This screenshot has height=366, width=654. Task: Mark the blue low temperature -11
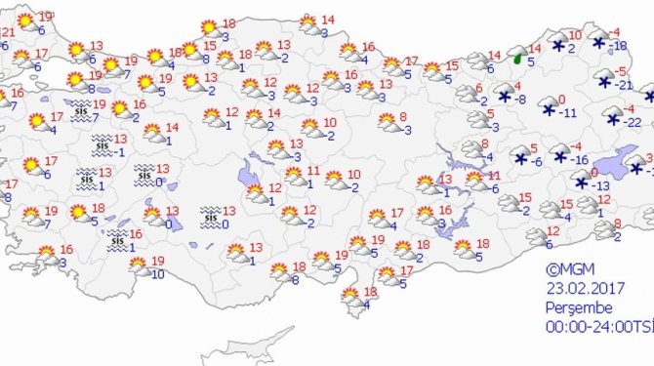567,113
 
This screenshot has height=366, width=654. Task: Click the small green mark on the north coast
518,58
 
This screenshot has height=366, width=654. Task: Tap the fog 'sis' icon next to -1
102,146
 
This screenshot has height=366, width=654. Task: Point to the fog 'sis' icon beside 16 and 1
116,238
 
